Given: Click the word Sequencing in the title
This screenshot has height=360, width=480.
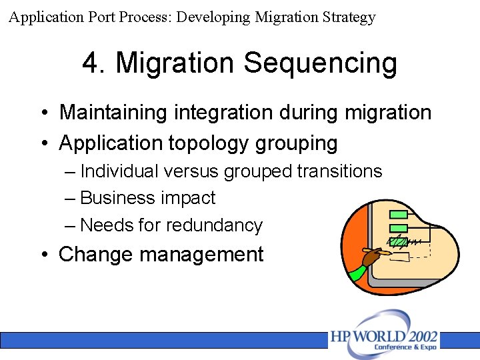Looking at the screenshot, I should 320,64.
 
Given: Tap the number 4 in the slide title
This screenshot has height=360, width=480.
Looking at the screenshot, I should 91,63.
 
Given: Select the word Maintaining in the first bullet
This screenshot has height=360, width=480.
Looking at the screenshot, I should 113,112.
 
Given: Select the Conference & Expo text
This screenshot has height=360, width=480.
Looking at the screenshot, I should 405,347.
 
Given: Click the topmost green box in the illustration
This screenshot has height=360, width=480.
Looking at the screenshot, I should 398,214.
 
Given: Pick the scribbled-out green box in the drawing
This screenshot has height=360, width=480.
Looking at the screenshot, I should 398,242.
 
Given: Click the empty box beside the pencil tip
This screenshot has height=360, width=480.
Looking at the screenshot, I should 399,257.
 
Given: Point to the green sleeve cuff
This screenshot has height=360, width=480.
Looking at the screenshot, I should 358,272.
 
